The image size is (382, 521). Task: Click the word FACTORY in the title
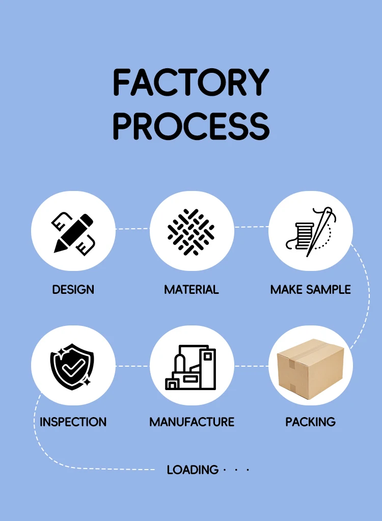(x=190, y=83)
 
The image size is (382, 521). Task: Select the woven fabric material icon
(x=192, y=232)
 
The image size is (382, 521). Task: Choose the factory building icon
(x=192, y=367)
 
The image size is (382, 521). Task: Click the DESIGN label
(x=73, y=290)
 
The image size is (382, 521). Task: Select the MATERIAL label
(x=192, y=290)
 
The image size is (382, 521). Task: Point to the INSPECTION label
(x=73, y=422)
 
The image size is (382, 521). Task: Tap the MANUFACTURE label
(x=192, y=422)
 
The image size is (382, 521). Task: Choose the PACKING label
(x=310, y=422)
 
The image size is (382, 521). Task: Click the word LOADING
(x=193, y=470)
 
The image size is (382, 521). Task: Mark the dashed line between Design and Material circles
(x=132, y=229)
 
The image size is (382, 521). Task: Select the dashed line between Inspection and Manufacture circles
(x=132, y=366)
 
